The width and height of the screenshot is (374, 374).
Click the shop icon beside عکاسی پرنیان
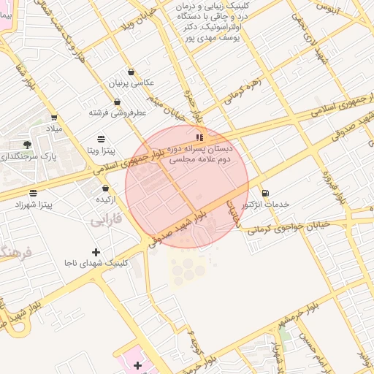(x=131, y=72)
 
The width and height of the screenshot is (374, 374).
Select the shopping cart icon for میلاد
(x=54, y=117)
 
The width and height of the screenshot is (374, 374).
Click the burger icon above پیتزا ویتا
(x=100, y=138)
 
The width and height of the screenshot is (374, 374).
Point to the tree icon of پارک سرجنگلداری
(x=28, y=145)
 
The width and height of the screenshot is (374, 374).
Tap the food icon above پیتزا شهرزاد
(x=33, y=193)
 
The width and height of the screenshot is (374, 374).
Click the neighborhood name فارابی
(x=107, y=219)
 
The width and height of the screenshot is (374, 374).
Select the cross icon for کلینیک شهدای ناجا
(x=96, y=252)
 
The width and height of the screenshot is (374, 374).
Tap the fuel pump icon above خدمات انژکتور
(x=264, y=194)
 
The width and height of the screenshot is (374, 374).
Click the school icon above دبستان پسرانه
(x=198, y=137)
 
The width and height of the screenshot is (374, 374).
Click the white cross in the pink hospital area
(x=137, y=364)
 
